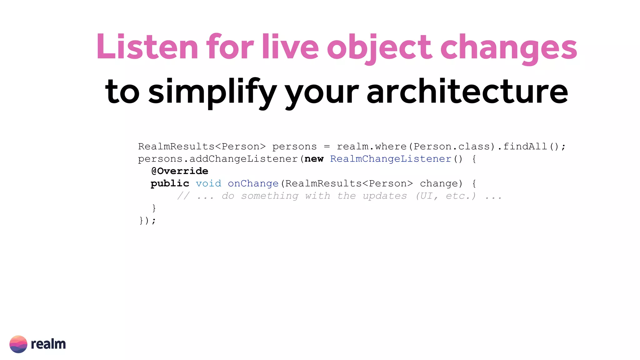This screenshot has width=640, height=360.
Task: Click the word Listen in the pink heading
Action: [147, 47]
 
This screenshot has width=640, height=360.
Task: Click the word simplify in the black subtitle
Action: [212, 92]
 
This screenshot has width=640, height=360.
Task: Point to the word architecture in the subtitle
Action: [467, 91]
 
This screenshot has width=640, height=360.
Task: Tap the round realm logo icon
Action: [18, 344]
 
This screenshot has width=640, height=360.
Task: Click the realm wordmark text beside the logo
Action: [48, 344]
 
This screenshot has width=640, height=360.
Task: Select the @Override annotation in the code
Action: [179, 171]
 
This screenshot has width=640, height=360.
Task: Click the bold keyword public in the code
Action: [170, 183]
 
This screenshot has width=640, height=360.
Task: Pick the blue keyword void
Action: [208, 183]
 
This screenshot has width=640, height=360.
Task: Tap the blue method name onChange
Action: [253, 183]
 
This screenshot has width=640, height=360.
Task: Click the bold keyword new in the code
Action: [314, 159]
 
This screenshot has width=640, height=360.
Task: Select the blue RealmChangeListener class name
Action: [391, 159]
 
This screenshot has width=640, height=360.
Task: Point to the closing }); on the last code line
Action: [147, 221]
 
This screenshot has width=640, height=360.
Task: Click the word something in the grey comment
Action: [270, 196]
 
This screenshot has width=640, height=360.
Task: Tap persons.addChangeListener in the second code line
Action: [218, 159]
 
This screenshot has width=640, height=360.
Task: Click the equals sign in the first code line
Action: [327, 147]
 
